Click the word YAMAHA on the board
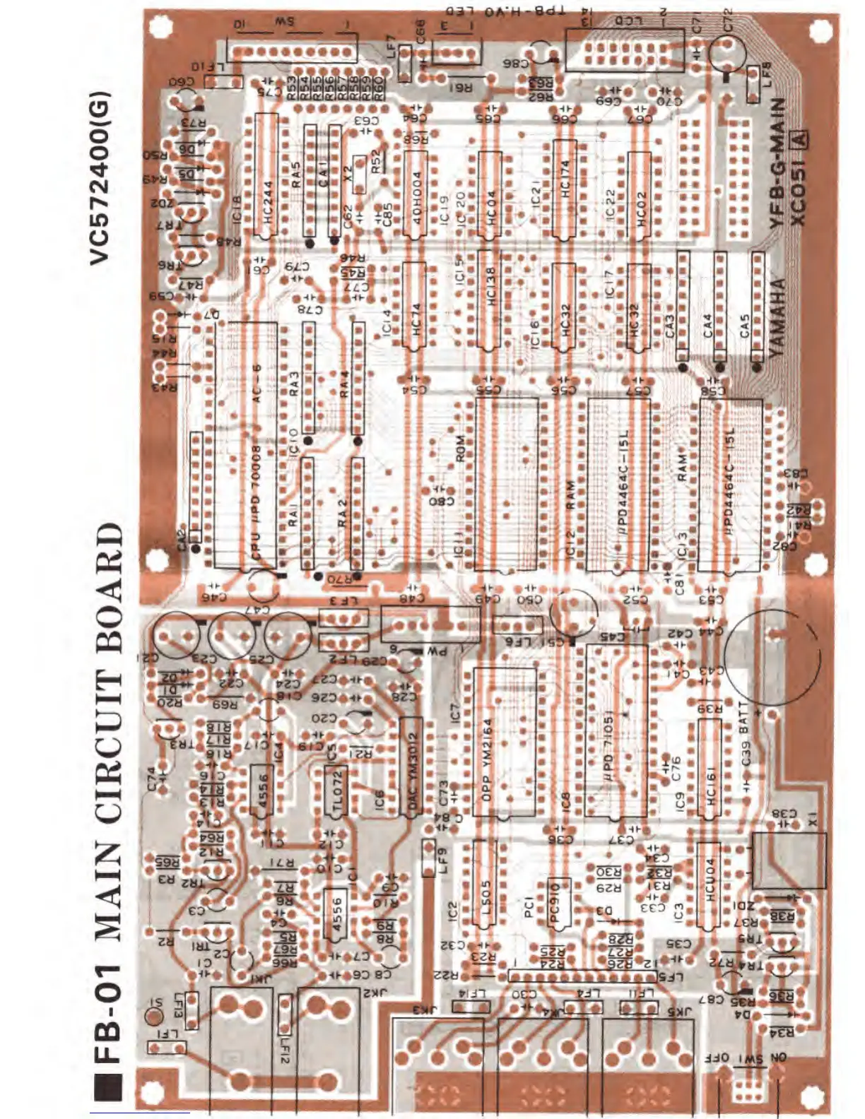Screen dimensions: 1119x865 pos(777,316)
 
